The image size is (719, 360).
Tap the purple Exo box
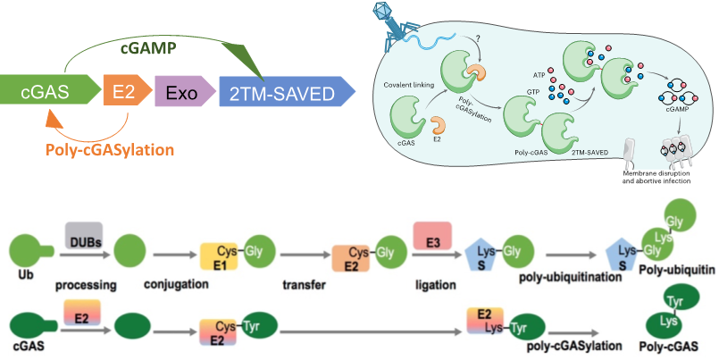181,91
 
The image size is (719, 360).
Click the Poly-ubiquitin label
679,272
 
